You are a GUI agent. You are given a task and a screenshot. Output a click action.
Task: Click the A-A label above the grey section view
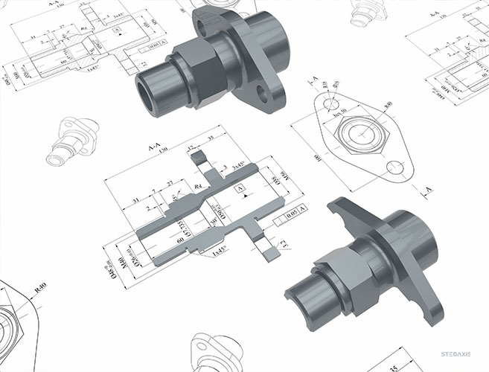pyautogui.click(x=155, y=150)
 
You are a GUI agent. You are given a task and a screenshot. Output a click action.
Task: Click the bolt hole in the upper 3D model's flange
pyautogui.click(x=262, y=92)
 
